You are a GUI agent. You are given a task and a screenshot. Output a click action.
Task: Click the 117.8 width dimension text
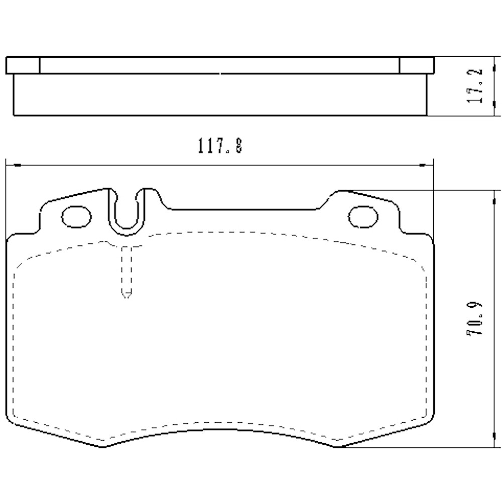[219, 146]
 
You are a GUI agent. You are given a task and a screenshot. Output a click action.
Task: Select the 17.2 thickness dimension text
[475, 86]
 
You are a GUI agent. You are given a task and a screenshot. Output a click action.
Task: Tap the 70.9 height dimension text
[475, 318]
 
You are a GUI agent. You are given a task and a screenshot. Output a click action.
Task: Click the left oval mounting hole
[77, 216]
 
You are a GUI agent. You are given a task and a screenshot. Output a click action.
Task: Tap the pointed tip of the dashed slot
[127, 297]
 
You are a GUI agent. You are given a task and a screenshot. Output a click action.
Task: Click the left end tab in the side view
[23, 65]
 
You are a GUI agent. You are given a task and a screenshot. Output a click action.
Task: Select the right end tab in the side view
[416, 65]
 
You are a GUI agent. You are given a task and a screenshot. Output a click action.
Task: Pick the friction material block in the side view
[219, 95]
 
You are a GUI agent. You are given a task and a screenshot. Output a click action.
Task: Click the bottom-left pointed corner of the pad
[103, 446]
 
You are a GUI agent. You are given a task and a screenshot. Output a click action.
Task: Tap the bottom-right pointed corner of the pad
[337, 446]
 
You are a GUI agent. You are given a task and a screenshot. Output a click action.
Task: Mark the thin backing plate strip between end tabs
[219, 65]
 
